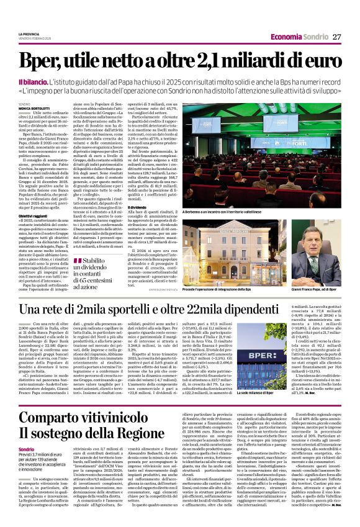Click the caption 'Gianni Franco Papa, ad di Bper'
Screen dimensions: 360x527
pyautogui.click(x=316, y=290)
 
